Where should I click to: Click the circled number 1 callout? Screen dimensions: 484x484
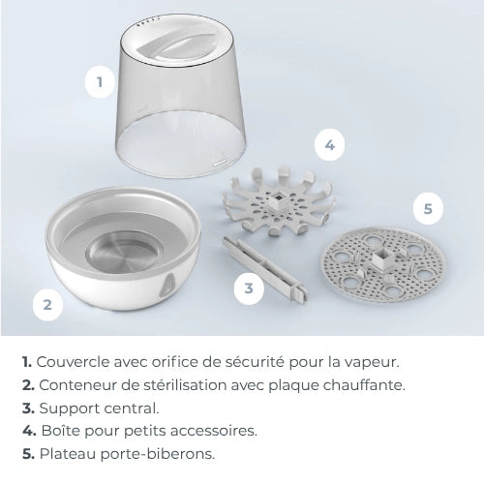click(98, 82)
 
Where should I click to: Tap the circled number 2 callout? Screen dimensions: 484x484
click(46, 305)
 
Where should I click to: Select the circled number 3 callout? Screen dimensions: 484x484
click(249, 287)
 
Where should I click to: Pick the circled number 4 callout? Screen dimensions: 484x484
click(329, 145)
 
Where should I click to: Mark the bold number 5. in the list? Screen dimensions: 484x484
click(28, 454)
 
